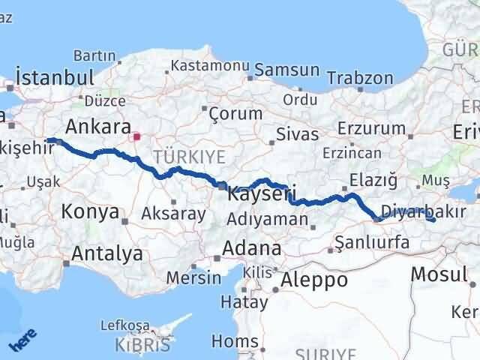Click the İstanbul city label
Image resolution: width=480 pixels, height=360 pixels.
55,78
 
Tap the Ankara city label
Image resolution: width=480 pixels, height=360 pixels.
98,126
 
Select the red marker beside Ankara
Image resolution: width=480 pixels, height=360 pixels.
136,137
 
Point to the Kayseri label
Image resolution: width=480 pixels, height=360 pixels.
259,193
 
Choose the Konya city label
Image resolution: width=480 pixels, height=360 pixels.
90,212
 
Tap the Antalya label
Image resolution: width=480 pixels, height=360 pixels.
106,253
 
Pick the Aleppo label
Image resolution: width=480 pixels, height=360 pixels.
315,280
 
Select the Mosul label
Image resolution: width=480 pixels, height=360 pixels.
439,274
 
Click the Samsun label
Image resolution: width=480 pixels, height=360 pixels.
287,70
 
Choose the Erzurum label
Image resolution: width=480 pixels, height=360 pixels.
371,128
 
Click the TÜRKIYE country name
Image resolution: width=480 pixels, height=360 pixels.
189,156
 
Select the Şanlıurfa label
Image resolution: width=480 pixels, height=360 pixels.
372,242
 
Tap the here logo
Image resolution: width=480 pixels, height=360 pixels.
22,341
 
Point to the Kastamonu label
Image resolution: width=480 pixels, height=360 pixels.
210,65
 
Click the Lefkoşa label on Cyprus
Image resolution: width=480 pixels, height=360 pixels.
124,326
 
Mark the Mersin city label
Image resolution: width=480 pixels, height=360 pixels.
193,277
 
